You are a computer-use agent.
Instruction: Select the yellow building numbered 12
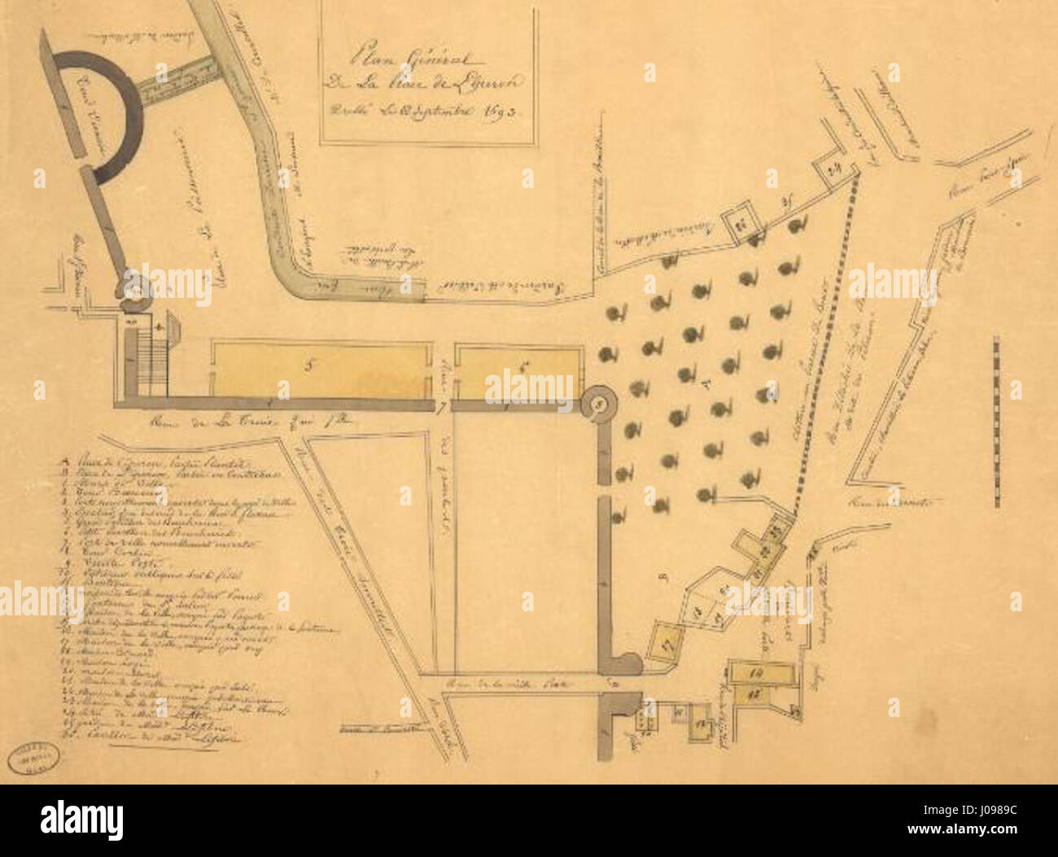point(753,695)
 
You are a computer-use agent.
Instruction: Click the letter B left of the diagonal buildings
point(663,579)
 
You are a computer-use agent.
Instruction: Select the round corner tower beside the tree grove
point(598,402)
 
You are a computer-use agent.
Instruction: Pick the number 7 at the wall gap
point(441,405)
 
